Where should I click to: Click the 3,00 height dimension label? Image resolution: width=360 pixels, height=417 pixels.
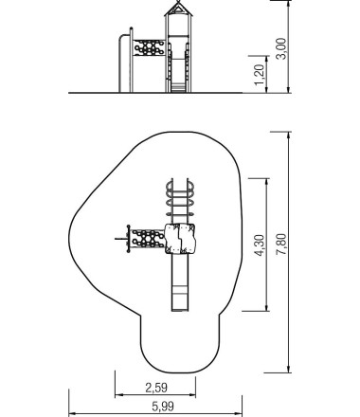281,48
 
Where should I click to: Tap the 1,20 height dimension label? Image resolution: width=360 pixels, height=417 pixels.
260,75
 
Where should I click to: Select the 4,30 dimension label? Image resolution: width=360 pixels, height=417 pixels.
260,245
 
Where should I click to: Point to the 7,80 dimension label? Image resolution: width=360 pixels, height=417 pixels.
281,244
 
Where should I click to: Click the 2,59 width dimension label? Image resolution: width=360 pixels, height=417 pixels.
156,388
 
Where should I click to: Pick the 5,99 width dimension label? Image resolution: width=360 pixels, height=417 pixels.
163,407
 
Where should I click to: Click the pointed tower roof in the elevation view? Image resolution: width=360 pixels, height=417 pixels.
178,8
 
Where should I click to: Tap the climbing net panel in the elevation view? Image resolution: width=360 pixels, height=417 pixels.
149,47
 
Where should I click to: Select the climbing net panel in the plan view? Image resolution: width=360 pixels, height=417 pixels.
148,239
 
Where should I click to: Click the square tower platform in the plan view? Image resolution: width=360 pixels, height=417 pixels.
180,239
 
